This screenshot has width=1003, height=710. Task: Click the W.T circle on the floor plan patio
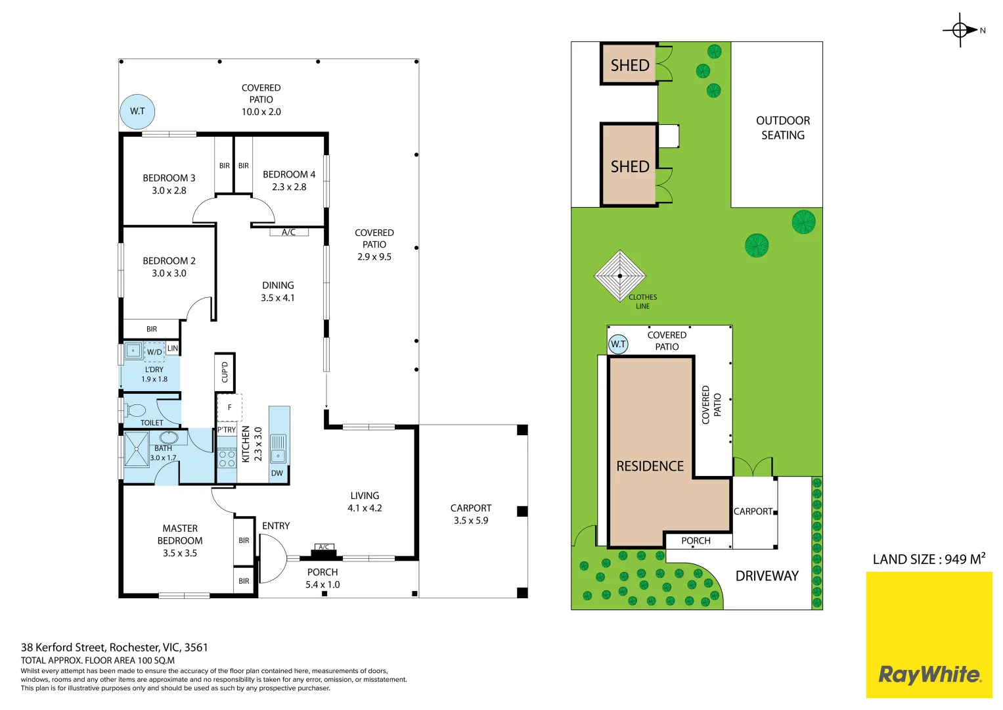137,111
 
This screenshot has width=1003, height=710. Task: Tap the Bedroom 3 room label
169,178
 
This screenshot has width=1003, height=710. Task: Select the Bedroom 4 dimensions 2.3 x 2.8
289,187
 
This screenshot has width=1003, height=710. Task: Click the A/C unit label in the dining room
288,232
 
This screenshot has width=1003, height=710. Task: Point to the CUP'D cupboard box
225,372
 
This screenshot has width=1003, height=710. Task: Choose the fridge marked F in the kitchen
229,408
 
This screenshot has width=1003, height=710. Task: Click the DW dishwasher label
277,473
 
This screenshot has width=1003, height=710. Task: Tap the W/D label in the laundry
154,352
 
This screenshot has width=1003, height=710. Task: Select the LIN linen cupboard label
172,348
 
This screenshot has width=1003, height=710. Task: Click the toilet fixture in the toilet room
135,411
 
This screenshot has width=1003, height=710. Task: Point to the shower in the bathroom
137,450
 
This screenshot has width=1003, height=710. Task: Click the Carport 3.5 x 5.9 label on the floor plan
471,514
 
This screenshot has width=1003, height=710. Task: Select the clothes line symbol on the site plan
619,276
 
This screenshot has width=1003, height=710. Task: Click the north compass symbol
960,30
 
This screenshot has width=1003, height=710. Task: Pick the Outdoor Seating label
783,128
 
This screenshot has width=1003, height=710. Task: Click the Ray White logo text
929,674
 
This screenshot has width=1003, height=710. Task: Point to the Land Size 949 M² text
929,559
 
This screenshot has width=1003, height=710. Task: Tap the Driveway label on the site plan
767,576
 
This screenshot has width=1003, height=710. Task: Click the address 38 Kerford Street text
114,648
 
